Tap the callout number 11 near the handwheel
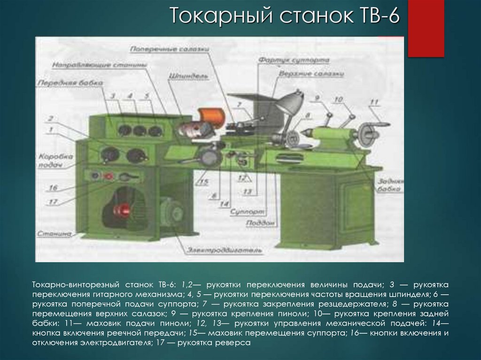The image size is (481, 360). (x=374, y=102)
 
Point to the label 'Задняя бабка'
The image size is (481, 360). (x=388, y=184)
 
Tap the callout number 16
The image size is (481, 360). (x=53, y=188)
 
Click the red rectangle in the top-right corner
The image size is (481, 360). (x=426, y=28)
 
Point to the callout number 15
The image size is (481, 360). (x=203, y=183)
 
